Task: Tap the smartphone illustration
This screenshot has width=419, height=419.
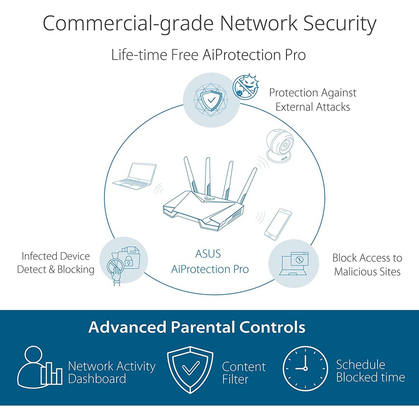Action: (x=278, y=224)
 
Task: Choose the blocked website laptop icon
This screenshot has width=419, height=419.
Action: (x=294, y=264)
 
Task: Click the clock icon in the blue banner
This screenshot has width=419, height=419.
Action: (x=305, y=368)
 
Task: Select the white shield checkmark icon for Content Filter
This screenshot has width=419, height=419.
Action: (x=190, y=369)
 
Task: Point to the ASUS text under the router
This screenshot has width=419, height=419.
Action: (x=208, y=254)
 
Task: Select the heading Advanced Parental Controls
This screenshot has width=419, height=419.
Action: (x=196, y=327)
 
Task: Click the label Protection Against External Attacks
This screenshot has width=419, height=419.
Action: (x=313, y=100)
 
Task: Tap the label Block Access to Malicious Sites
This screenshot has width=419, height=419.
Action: (x=367, y=264)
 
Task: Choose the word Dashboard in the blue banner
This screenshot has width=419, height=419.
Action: (x=97, y=378)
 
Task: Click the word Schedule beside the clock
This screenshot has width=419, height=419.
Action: (x=360, y=364)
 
